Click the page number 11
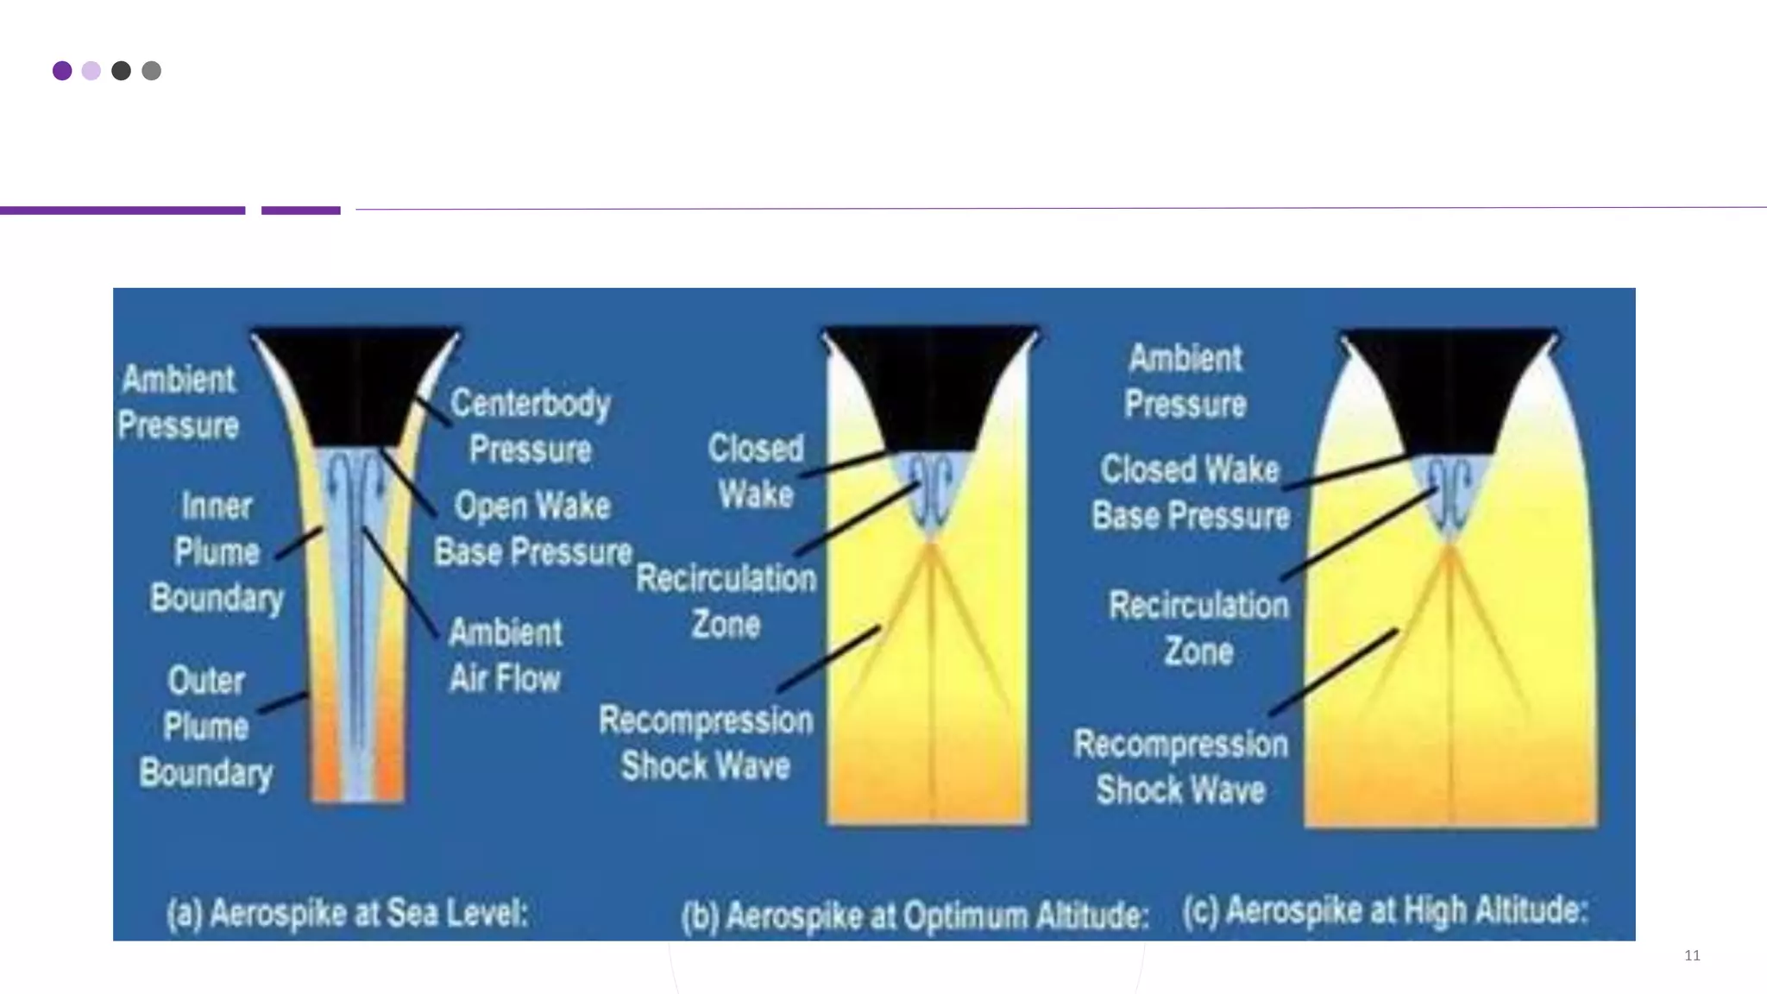[x=1692, y=955]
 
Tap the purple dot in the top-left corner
[x=62, y=71]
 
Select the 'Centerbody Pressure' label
[x=530, y=426]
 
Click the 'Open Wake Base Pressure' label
[x=532, y=529]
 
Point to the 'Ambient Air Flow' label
[x=506, y=656]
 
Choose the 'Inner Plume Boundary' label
[x=217, y=552]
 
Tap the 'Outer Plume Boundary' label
[x=206, y=727]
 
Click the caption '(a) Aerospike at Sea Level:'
[x=347, y=913]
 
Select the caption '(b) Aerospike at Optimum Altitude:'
[x=915, y=915]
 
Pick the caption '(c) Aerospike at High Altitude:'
[x=1385, y=910]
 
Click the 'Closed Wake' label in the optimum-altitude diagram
[x=756, y=471]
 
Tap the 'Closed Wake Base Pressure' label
[x=1190, y=493]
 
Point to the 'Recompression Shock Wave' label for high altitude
[x=1180, y=767]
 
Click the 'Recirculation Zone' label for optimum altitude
[x=726, y=601]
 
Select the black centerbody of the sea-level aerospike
[x=355, y=384]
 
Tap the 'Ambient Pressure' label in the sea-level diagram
[x=178, y=402]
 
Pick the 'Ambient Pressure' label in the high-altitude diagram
[x=1185, y=381]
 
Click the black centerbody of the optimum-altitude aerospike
[x=930, y=384]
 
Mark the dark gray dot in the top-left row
[x=121, y=71]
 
